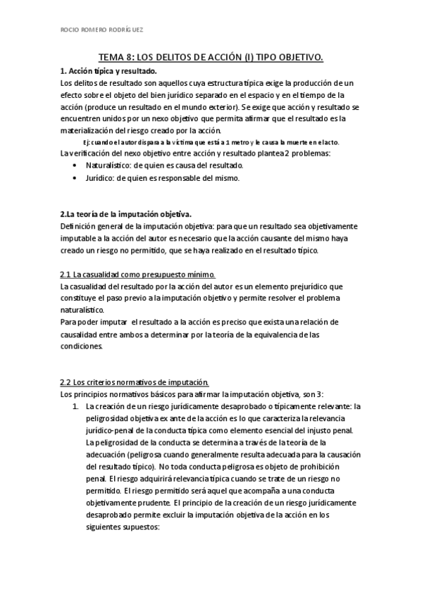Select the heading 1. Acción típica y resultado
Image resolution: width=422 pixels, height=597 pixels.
(x=109, y=71)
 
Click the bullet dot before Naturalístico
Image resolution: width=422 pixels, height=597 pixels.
(x=75, y=165)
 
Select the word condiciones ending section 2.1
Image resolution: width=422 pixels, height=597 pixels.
(x=81, y=346)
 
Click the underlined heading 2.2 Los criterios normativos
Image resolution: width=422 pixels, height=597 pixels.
(x=134, y=382)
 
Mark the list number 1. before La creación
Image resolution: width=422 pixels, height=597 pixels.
(x=75, y=406)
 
